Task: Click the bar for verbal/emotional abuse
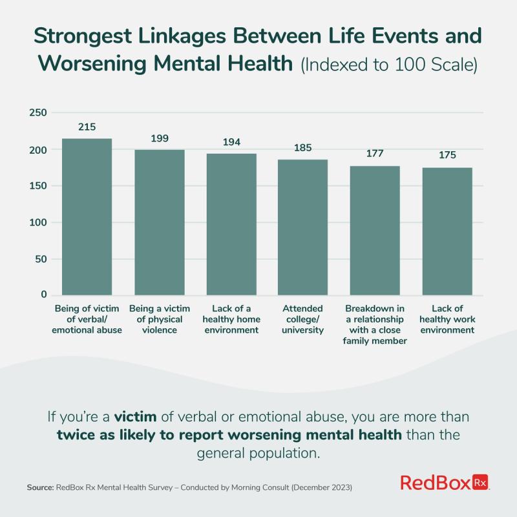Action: (87, 216)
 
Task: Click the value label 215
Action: (87, 127)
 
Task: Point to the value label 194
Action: (231, 142)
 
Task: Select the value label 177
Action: (375, 154)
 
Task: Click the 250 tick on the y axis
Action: (39, 113)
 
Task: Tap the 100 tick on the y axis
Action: (39, 222)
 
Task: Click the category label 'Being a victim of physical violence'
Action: (159, 319)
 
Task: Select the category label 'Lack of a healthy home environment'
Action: (231, 319)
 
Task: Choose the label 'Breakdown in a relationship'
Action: (375, 314)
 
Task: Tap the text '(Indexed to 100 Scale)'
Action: (387, 66)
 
